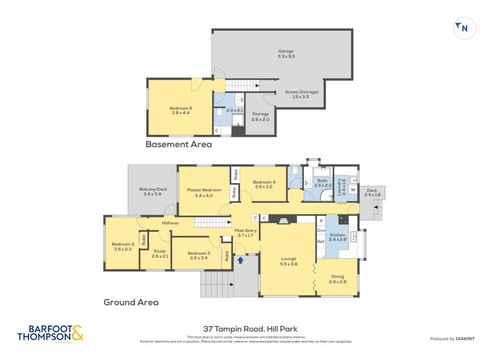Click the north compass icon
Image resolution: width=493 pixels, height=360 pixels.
click(463, 28)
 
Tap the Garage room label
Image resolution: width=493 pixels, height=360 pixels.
click(285, 54)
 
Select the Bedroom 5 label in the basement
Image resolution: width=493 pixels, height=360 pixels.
click(181, 110)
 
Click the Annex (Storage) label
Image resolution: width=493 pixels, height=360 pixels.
click(301, 94)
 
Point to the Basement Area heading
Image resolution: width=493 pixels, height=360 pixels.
click(178, 145)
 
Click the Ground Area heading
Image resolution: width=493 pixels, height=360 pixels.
click(131, 303)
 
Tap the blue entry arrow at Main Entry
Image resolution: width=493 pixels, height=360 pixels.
click(240, 261)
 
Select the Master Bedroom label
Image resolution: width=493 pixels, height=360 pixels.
click(203, 192)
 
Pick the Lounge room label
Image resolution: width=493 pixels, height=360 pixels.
click(289, 261)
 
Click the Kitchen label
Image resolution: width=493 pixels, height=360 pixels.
click(338, 238)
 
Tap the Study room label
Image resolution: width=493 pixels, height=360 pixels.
click(160, 253)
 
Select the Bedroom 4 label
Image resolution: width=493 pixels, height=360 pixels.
click(264, 184)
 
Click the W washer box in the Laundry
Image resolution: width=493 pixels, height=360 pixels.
click(353, 190)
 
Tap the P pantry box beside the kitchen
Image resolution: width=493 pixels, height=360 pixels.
click(320, 220)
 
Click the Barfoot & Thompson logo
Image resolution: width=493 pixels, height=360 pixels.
click(50, 333)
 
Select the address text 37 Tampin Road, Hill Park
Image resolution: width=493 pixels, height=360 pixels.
click(250, 329)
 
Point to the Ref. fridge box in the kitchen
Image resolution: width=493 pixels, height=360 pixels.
click(320, 242)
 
